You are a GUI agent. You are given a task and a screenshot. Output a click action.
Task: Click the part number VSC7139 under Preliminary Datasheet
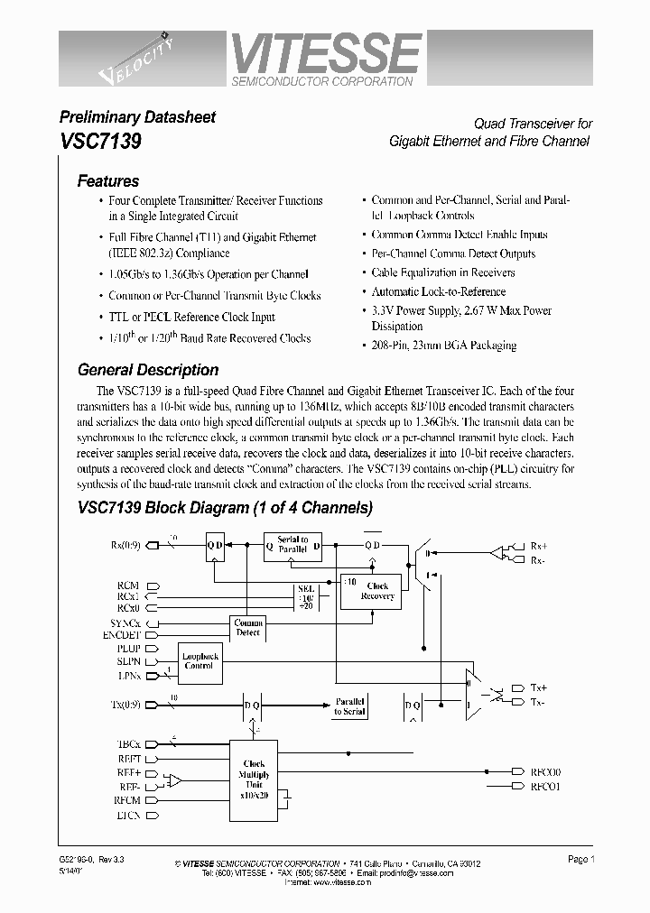[100, 142]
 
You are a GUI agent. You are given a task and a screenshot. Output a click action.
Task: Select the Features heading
[108, 181]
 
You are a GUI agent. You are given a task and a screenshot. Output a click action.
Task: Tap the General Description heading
[148, 370]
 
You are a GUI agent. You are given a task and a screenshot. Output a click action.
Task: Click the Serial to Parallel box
[292, 544]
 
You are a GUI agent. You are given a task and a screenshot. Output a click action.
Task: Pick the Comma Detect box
[247, 628]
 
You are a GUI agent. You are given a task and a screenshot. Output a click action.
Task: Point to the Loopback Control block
[199, 661]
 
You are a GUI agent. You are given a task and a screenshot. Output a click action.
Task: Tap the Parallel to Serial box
[349, 706]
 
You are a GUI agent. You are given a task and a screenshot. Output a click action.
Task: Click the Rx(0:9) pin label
[125, 544]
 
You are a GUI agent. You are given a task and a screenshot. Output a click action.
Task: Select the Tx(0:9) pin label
[126, 704]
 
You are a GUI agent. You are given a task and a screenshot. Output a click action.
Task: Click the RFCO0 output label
[546, 772]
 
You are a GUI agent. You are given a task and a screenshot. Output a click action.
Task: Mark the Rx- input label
[538, 560]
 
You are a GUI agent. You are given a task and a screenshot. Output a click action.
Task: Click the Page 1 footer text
[580, 860]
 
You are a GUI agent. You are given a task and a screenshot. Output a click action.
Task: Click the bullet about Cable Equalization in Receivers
[442, 272]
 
